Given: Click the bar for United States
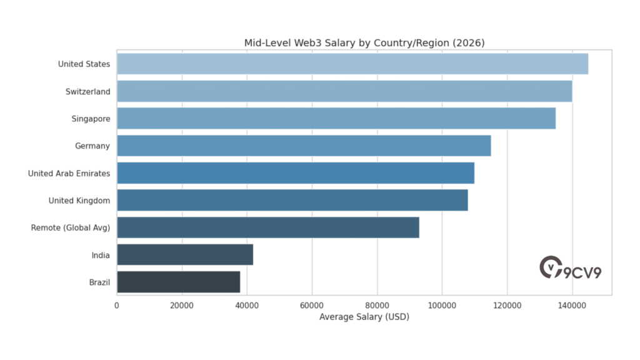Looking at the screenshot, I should (352, 64).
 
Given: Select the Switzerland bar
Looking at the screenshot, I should (344, 91).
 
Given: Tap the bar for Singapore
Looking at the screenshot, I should (336, 118).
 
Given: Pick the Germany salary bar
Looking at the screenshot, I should (303, 146).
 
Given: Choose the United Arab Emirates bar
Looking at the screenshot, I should (295, 173).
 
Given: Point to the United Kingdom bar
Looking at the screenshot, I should (292, 200).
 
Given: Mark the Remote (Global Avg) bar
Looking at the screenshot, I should (267, 227).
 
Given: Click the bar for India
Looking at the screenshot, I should (184, 255).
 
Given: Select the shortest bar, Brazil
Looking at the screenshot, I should (178, 282).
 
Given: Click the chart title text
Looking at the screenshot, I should (364, 42).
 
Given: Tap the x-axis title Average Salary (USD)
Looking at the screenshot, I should (364, 317).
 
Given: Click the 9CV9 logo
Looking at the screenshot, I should (570, 268).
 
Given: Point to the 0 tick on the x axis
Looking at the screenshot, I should (117, 305).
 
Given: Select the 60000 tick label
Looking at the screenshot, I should (312, 305).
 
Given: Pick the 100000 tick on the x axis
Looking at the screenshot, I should (442, 305).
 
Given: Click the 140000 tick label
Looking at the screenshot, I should (572, 305).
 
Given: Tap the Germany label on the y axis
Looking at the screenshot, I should (92, 146).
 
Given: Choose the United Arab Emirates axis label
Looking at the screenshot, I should (69, 173).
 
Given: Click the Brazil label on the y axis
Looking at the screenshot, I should (99, 282).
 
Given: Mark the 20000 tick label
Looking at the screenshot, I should (182, 305).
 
